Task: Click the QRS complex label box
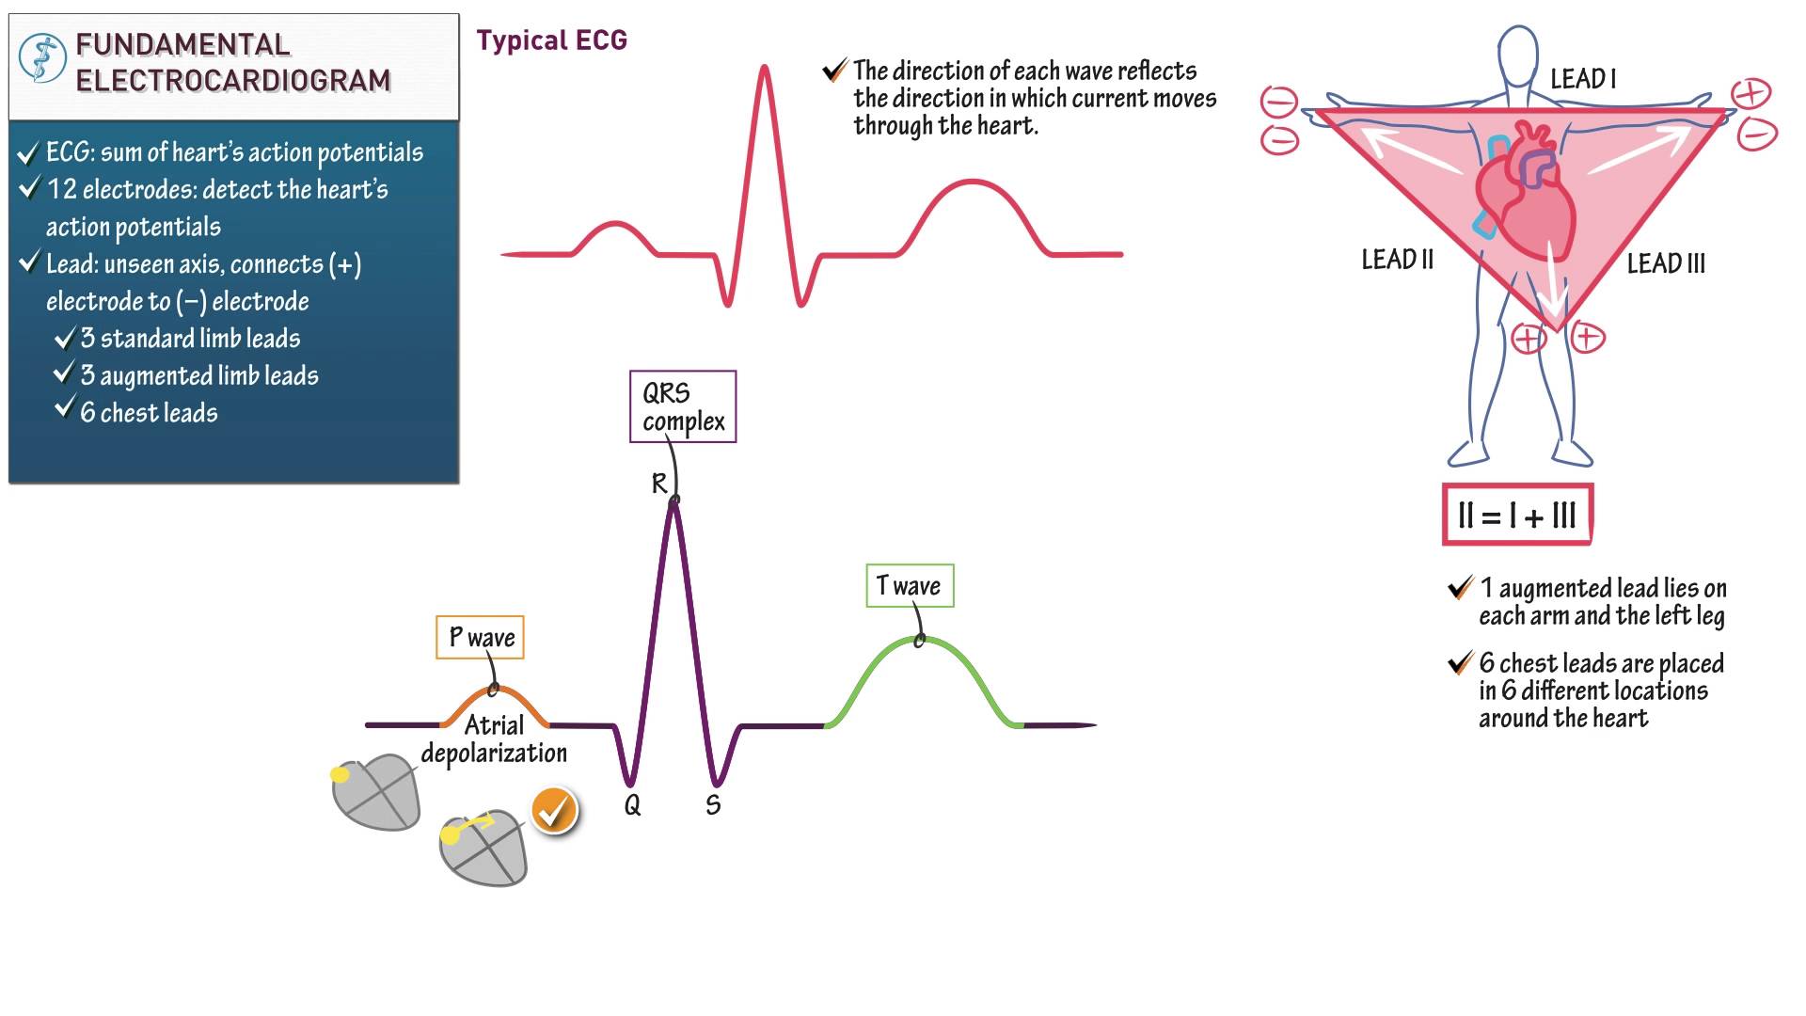tap(683, 406)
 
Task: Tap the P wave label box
tap(481, 638)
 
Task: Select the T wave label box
tap(910, 586)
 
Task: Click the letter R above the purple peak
tap(659, 484)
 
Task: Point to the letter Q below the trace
tap(632, 804)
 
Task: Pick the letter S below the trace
tap(713, 804)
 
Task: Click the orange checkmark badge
tap(554, 810)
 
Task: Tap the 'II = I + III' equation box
tap(1517, 515)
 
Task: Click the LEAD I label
tap(1583, 79)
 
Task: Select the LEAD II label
tap(1398, 260)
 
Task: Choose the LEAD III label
tap(1666, 263)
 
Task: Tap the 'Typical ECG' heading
tap(551, 40)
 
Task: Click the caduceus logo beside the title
tap(42, 58)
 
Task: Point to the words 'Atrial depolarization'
tap(494, 739)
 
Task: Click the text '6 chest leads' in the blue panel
tap(149, 413)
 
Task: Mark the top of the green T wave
tap(919, 640)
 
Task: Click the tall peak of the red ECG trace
tap(765, 68)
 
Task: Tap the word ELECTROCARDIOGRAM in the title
tap(233, 81)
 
